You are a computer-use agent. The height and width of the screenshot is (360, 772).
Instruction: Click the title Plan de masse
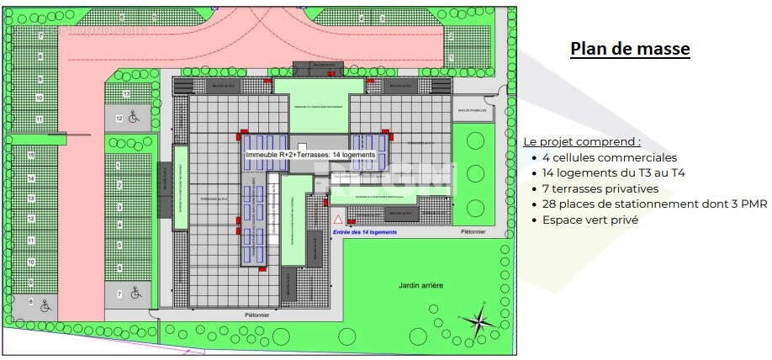click(630, 49)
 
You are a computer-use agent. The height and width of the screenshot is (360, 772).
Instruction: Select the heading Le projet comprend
click(581, 141)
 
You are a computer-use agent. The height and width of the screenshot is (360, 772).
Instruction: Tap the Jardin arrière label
click(421, 286)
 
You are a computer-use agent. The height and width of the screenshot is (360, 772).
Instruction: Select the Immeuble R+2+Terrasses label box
click(309, 156)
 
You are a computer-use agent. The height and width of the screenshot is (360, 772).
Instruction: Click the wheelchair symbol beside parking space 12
click(134, 118)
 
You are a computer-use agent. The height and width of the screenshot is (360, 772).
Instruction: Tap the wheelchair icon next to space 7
click(134, 294)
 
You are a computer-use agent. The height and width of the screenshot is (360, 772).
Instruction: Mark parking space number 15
click(31, 156)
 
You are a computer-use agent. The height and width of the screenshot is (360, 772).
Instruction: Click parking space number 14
click(31, 177)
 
